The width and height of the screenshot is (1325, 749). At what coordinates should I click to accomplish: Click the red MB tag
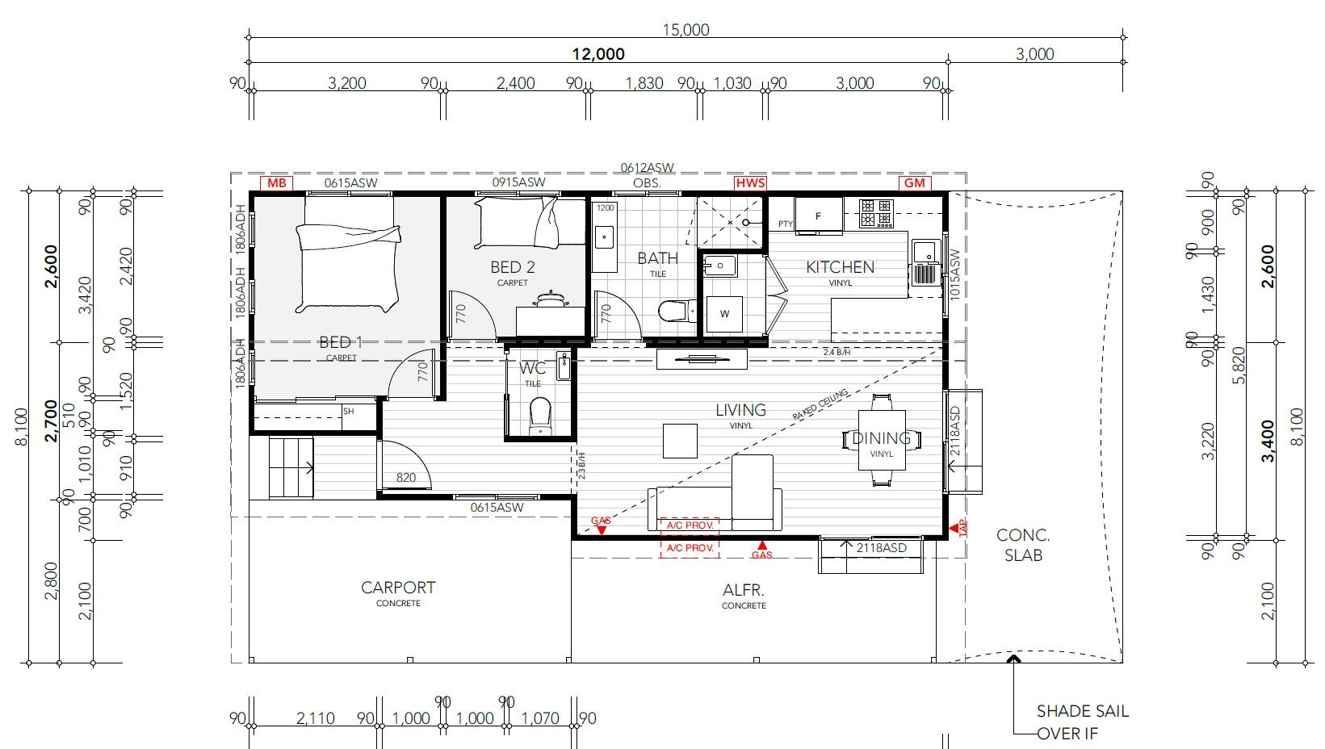[276, 183]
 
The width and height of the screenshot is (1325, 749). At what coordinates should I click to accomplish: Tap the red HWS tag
[749, 183]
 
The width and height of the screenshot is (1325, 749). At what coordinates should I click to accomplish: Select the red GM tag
[914, 183]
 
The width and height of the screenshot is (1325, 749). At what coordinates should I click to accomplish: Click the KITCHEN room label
[840, 267]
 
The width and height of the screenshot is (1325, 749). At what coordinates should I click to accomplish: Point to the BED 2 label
[513, 267]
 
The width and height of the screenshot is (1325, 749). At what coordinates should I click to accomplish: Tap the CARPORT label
[398, 588]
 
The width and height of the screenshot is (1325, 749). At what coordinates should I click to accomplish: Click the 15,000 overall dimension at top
[686, 30]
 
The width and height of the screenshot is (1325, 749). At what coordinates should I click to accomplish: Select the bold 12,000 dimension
[598, 54]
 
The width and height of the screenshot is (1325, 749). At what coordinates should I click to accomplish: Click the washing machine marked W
[724, 313]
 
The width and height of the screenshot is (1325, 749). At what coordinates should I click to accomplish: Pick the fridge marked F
[818, 215]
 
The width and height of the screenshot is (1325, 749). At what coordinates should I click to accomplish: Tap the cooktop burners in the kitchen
[876, 213]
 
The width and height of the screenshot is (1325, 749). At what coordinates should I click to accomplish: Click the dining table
[881, 440]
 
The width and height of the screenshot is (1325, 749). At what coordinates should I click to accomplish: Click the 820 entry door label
[406, 477]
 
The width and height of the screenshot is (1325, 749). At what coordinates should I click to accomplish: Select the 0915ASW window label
[518, 182]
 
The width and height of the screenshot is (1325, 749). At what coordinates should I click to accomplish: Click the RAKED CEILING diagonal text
[820, 405]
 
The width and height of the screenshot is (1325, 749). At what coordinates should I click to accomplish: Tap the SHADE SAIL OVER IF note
[1082, 722]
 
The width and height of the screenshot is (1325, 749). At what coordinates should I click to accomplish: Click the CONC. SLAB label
[1023, 545]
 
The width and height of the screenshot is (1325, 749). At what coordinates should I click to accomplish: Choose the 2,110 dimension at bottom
[316, 718]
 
